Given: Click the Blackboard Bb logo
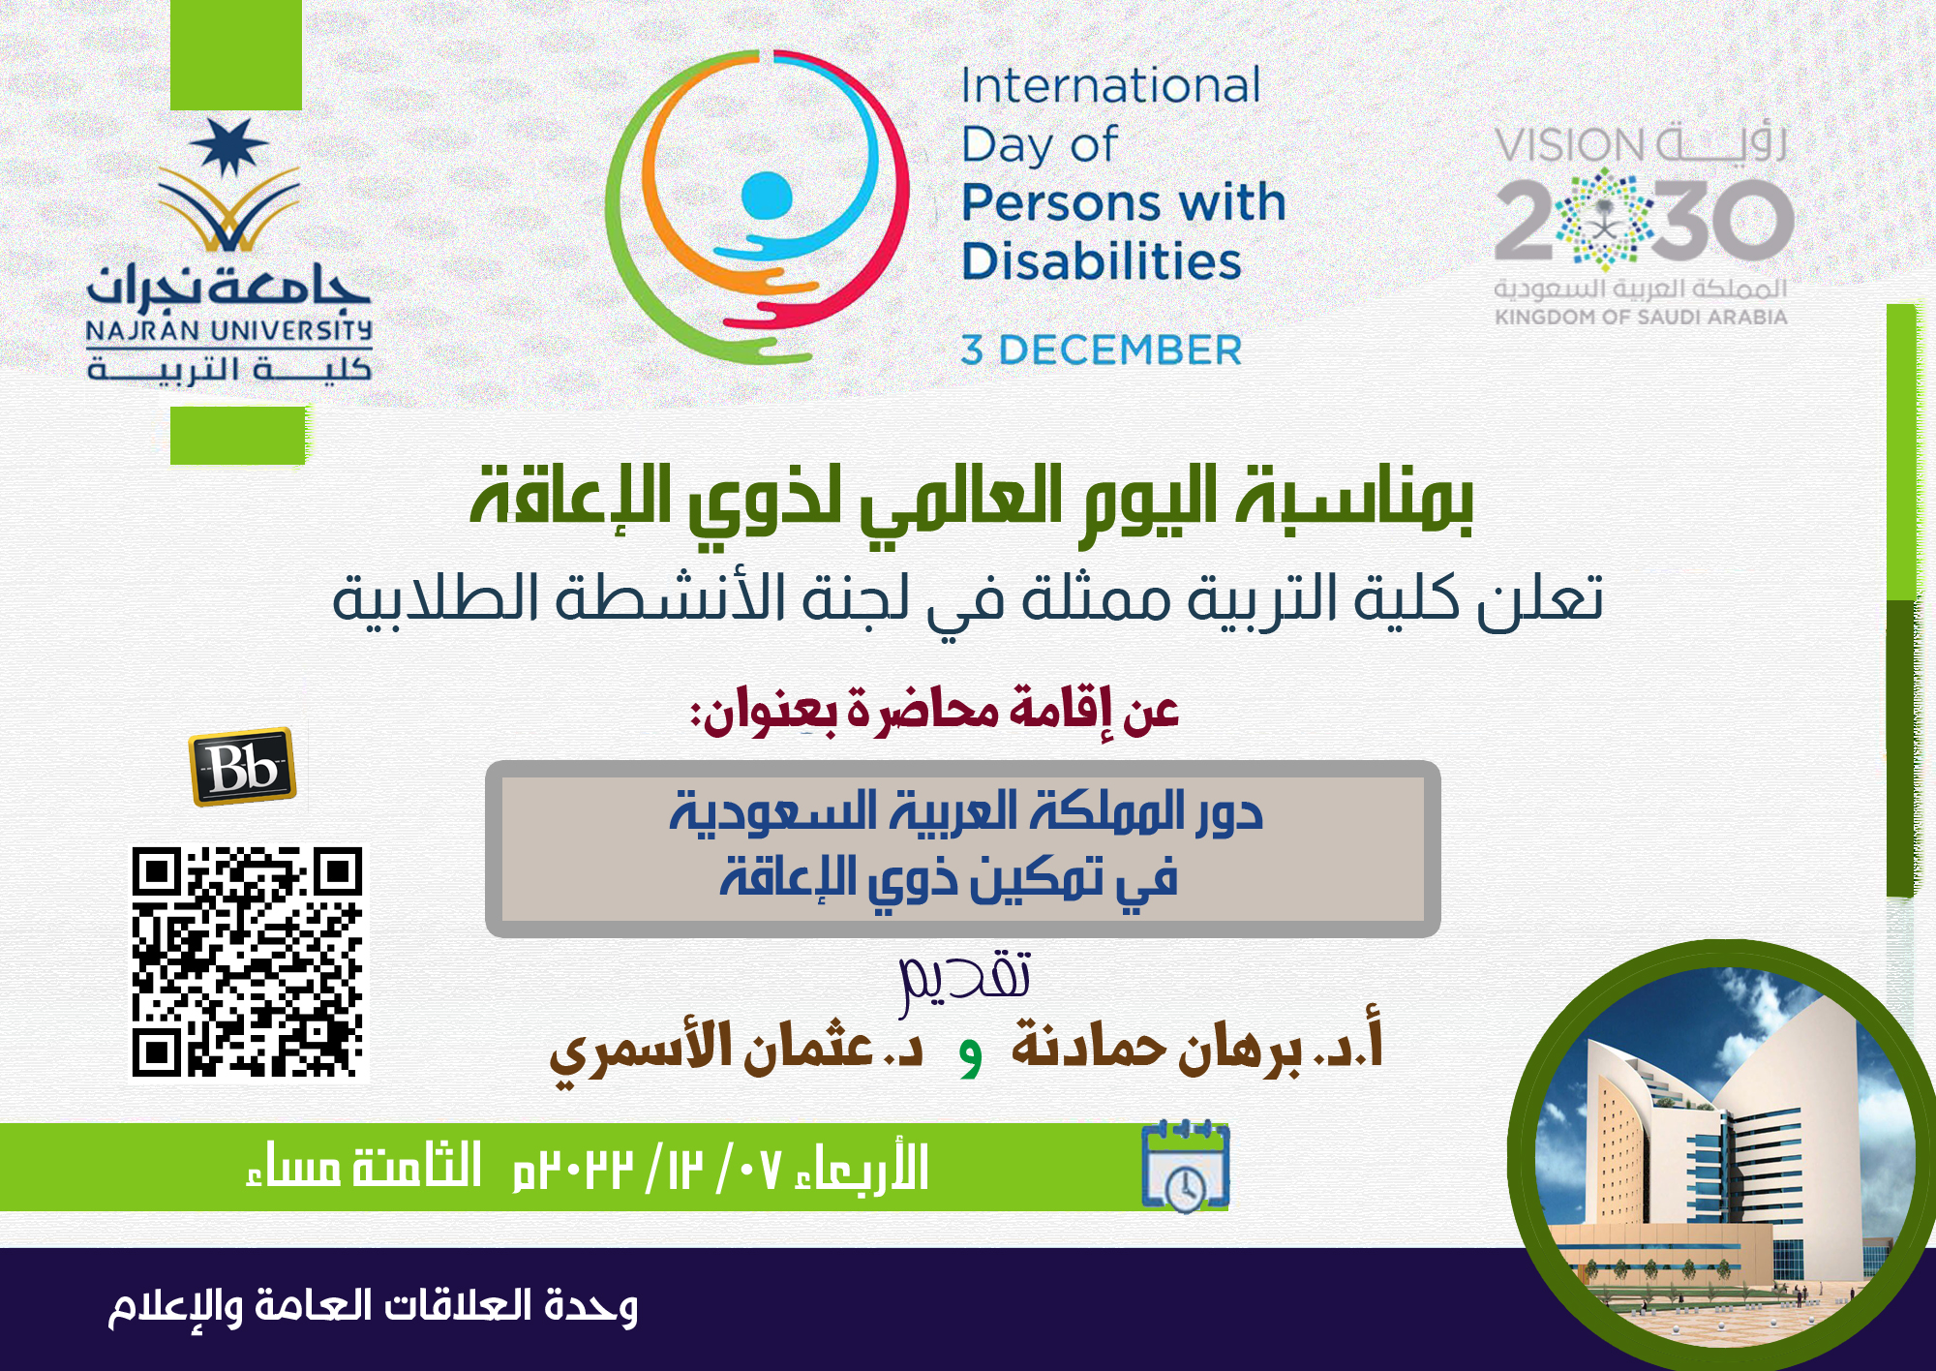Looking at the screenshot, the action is tap(243, 767).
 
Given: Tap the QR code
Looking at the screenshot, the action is tap(248, 961).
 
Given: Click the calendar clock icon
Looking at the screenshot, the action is tap(1185, 1167).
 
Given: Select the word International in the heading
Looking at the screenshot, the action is tap(1110, 85).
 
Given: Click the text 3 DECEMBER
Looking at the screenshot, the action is tap(1102, 350).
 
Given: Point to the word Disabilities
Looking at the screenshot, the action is tap(1102, 261).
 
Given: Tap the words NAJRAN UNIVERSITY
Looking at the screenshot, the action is tap(229, 331).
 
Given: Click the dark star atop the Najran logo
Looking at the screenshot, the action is tap(229, 147).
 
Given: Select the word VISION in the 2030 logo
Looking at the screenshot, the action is tap(1569, 146).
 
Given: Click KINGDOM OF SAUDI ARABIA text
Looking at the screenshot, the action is tap(1641, 317).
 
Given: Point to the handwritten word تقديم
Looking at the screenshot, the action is tap(965, 982).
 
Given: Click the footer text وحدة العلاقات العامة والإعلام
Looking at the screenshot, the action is tap(373, 1307).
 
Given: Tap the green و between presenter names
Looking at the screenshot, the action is tap(971, 1057).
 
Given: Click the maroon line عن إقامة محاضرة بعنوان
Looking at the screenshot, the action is tap(934, 710).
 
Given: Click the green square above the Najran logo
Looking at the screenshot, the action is tap(236, 54).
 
